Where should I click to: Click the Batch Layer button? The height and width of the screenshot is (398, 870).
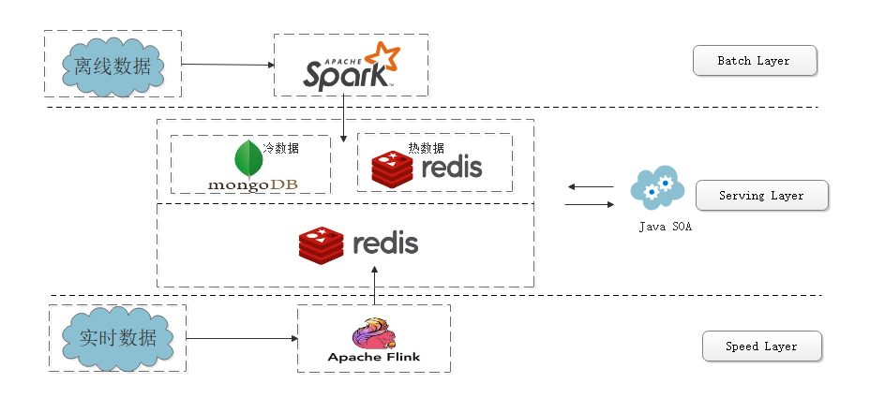pyautogui.click(x=755, y=62)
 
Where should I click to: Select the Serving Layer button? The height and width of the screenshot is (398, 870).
pyautogui.click(x=761, y=197)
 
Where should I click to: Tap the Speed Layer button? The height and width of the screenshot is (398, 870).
pyautogui.click(x=761, y=346)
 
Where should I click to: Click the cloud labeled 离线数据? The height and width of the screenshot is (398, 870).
pyautogui.click(x=112, y=66)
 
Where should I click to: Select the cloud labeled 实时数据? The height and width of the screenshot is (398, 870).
pyautogui.click(x=117, y=337)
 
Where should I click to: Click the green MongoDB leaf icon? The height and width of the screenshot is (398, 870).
pyautogui.click(x=248, y=159)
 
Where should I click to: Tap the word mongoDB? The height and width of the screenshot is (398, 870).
pyautogui.click(x=252, y=184)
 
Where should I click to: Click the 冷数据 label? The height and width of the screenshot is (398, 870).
pyautogui.click(x=280, y=148)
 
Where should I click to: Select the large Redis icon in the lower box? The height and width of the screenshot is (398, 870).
pyautogui.click(x=321, y=244)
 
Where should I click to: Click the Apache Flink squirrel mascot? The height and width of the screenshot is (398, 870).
pyautogui.click(x=372, y=333)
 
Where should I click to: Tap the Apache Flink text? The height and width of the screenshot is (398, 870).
pyautogui.click(x=374, y=357)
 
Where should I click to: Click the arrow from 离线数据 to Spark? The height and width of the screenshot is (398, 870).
pyautogui.click(x=227, y=65)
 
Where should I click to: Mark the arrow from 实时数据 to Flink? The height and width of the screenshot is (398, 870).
pyautogui.click(x=242, y=337)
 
